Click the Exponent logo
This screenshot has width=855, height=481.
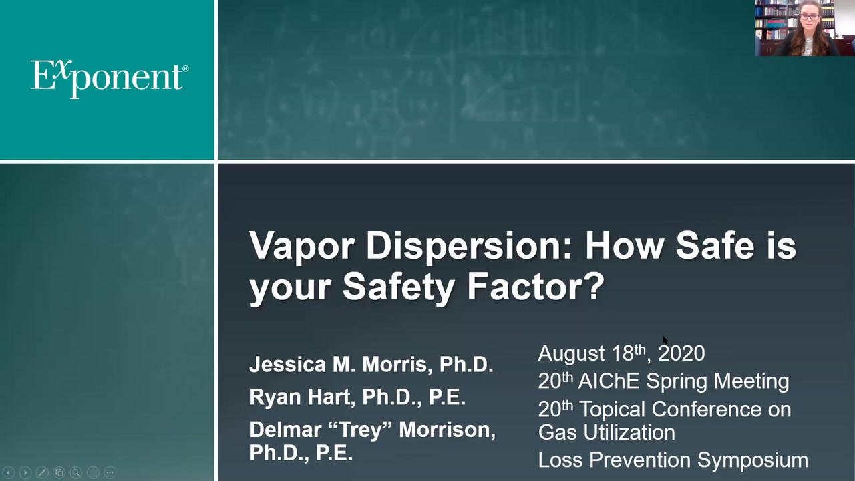(x=110, y=78)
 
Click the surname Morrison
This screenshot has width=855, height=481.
(x=447, y=430)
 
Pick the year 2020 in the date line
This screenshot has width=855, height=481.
(x=681, y=353)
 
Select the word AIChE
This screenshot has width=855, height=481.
(x=609, y=381)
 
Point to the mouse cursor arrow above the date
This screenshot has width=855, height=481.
(x=665, y=340)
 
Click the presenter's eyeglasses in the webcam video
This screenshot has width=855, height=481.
(x=809, y=17)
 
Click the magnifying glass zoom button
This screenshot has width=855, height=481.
(x=76, y=472)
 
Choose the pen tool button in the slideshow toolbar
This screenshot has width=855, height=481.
(x=42, y=472)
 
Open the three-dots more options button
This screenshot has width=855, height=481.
(x=110, y=472)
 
